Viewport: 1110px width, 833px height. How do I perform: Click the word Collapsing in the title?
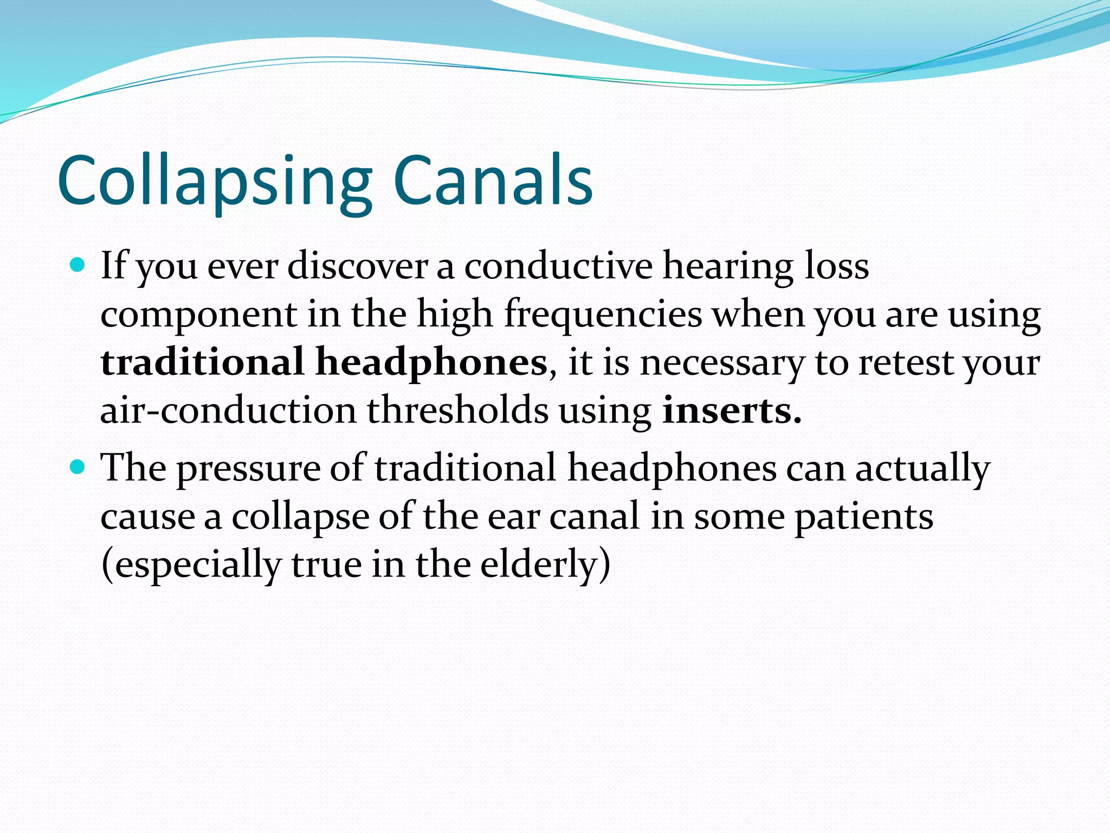[x=215, y=182]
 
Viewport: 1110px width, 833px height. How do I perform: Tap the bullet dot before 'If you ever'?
[x=78, y=265]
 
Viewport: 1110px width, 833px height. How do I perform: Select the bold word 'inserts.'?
[x=732, y=411]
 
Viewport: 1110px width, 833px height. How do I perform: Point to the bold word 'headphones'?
[x=431, y=362]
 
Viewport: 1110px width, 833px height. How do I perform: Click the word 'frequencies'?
[x=603, y=315]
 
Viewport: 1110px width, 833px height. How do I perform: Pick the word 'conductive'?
[x=558, y=266]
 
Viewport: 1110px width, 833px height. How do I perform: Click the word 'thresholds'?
[x=458, y=411]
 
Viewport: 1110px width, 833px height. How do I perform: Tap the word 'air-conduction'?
[x=228, y=411]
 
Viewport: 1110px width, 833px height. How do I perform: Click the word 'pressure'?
[x=249, y=469]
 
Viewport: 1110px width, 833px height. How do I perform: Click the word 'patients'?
[x=864, y=517]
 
